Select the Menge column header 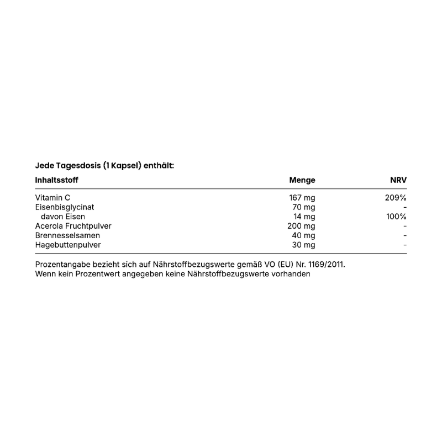tap(302, 180)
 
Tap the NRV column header tap(398, 180)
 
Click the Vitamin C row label tap(52, 197)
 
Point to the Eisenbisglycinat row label tap(65, 207)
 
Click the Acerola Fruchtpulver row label tap(73, 226)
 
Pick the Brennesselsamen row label tap(67, 235)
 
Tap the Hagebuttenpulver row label tap(68, 245)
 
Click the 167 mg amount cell tap(302, 197)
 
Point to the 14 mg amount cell tap(304, 217)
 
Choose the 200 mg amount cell tap(302, 226)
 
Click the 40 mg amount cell tap(304, 235)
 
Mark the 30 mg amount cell tap(304, 245)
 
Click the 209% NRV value tap(396, 197)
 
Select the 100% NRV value tap(396, 217)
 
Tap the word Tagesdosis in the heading tap(77, 165)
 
